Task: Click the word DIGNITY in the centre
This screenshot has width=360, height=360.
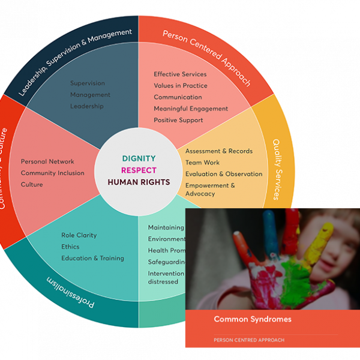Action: (139, 159)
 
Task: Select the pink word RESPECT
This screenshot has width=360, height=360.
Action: (139, 170)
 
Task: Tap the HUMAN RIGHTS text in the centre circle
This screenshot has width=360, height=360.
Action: (139, 182)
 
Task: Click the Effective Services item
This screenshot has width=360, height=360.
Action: (180, 74)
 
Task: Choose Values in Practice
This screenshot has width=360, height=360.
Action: (181, 86)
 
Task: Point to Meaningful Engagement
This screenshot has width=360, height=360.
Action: (191, 109)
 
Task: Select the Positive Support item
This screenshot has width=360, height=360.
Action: (178, 120)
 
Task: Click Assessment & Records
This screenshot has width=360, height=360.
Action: (219, 151)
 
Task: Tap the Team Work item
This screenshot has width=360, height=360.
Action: (202, 163)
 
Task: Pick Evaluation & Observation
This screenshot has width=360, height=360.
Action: (224, 174)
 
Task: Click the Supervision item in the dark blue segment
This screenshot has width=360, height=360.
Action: (88, 83)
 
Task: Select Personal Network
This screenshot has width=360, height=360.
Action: (47, 161)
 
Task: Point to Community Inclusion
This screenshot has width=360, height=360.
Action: (53, 173)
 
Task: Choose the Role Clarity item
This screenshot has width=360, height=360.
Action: (79, 235)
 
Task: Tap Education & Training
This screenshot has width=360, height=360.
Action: (92, 258)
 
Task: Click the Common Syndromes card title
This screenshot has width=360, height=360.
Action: (253, 319)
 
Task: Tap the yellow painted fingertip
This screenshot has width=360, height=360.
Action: (328, 229)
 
